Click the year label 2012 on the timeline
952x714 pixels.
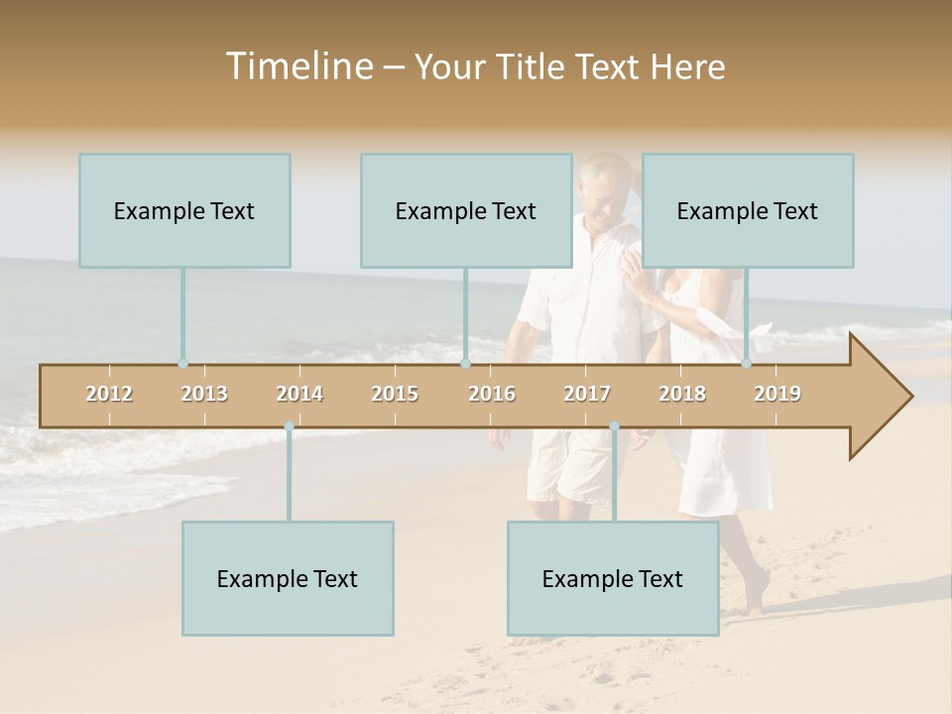[x=109, y=394]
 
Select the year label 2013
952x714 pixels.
[x=204, y=394]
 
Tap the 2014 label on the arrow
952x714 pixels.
[x=299, y=394]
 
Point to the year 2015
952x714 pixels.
[x=395, y=394]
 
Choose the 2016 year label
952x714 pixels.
[x=492, y=394]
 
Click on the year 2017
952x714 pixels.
[x=587, y=394]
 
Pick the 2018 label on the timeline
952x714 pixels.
[x=682, y=394]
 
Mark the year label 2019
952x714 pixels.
[x=777, y=394]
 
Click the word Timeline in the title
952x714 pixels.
[x=297, y=66]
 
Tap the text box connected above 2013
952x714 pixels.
[x=184, y=210]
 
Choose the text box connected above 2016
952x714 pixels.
[x=466, y=210]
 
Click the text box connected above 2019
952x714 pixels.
[x=748, y=210]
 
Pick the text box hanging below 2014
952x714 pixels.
[x=288, y=578]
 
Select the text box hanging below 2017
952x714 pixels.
[x=613, y=578]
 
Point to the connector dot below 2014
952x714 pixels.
[x=289, y=426]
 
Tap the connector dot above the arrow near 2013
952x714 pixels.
[x=182, y=363]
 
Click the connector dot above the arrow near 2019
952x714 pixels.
[x=747, y=363]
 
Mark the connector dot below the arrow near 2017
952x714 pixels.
[x=614, y=426]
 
